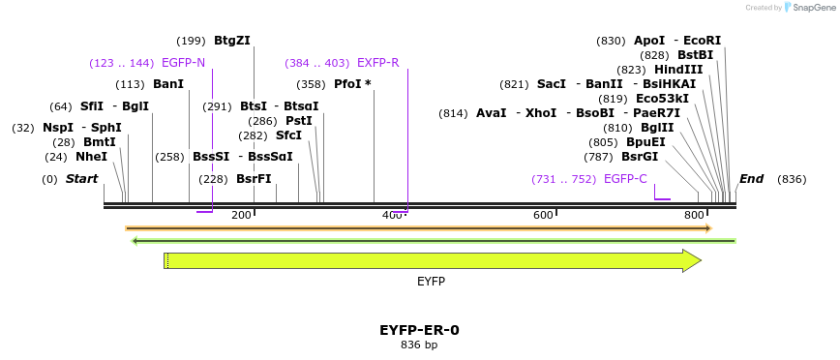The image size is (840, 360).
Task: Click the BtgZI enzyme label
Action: (x=232, y=41)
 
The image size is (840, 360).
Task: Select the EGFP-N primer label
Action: (x=183, y=63)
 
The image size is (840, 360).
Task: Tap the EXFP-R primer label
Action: (x=377, y=63)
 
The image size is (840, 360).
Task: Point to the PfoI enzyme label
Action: (x=347, y=84)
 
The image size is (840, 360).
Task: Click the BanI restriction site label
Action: (x=168, y=84)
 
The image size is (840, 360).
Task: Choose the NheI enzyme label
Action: (x=91, y=157)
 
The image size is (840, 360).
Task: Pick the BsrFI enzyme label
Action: (x=254, y=179)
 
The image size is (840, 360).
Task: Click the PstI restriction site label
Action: (x=299, y=121)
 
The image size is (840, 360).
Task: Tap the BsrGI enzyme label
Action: (x=640, y=157)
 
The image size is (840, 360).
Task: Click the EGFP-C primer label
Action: (x=625, y=179)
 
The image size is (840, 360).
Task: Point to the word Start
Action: (x=82, y=179)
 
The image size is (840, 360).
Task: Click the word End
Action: (x=751, y=179)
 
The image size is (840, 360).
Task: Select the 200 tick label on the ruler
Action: (x=241, y=215)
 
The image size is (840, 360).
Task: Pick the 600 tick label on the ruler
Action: (x=543, y=215)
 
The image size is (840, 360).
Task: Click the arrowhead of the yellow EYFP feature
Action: (x=692, y=260)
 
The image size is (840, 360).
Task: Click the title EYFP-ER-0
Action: (x=419, y=330)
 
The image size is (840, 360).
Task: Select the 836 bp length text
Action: (x=419, y=345)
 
